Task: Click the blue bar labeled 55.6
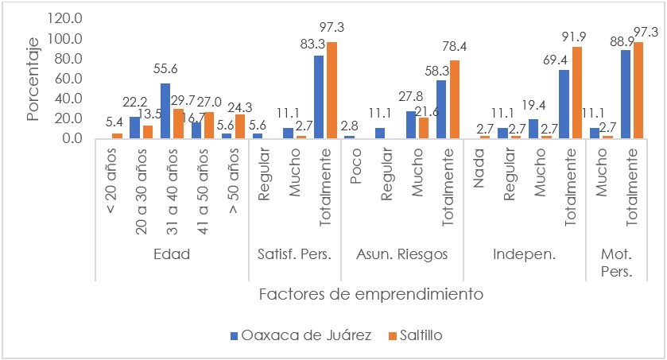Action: coord(165,110)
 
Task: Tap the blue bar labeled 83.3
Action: coord(319,97)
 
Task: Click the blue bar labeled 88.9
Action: coord(626,94)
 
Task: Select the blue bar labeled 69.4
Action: coord(564,104)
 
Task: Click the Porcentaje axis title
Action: coord(32,77)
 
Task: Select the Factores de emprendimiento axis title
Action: coord(371,294)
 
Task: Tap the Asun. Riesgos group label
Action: coord(401,255)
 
